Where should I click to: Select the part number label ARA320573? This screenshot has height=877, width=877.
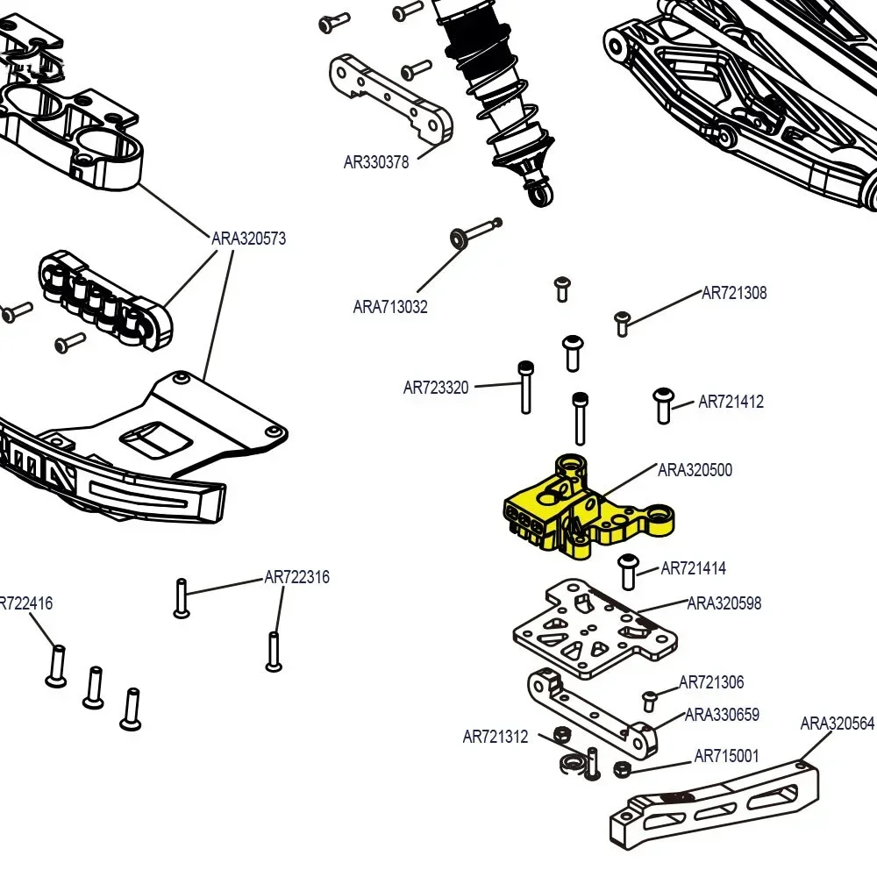[248, 239]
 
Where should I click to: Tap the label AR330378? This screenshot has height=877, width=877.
[376, 162]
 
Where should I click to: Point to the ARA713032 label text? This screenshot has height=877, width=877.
[390, 307]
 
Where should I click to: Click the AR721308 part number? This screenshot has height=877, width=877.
[734, 294]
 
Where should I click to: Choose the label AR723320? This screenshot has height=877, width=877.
[436, 388]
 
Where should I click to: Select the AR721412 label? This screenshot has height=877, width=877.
[731, 403]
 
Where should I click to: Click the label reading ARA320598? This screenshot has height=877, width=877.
[724, 603]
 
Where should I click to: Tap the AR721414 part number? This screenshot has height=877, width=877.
[693, 569]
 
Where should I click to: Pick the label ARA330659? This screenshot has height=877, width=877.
[722, 715]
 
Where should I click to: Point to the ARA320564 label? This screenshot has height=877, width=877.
[838, 724]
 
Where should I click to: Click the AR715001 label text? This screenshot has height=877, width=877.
[726, 756]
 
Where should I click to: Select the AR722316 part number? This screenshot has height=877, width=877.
[297, 578]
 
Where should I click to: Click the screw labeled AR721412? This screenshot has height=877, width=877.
[662, 404]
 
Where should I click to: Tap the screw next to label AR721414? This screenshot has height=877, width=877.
[628, 571]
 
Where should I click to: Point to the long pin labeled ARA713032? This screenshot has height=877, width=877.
[476, 232]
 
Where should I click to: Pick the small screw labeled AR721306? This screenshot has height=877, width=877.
[650, 700]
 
